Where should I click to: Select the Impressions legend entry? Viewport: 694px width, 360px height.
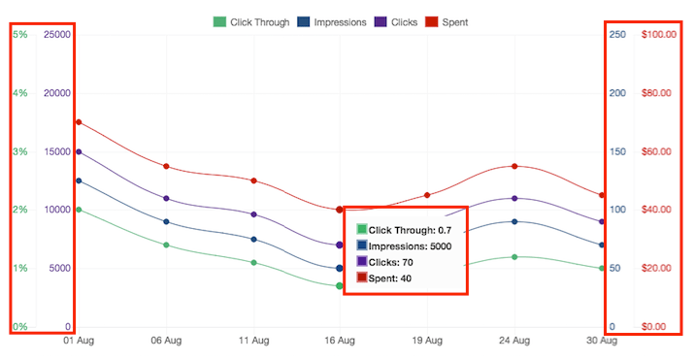(x=333, y=21)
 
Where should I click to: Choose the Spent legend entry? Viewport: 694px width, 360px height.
(x=447, y=21)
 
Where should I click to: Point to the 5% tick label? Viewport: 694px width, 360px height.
(x=19, y=35)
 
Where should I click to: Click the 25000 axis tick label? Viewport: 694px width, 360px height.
(x=57, y=35)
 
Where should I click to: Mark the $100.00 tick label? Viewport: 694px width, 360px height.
(x=659, y=35)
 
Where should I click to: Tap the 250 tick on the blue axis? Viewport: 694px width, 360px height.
(x=616, y=35)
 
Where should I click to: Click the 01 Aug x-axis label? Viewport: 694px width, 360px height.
(x=79, y=342)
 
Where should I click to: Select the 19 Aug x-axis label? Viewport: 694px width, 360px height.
(x=427, y=342)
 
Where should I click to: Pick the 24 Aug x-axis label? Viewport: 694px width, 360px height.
(x=514, y=342)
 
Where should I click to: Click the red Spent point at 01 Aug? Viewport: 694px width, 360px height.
(x=79, y=122)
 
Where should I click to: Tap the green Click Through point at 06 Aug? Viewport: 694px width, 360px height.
(x=166, y=245)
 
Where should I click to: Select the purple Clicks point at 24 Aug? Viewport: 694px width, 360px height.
(x=514, y=198)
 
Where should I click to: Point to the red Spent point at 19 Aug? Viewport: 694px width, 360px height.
(x=427, y=195)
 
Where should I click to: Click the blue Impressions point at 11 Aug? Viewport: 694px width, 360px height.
(x=253, y=239)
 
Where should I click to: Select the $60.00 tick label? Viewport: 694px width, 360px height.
(x=659, y=151)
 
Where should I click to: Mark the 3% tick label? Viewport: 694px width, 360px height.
(x=19, y=151)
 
